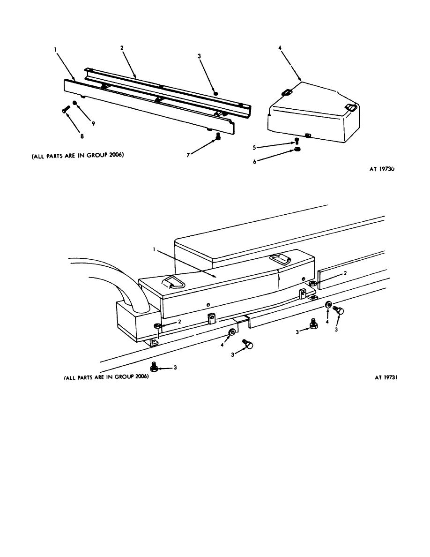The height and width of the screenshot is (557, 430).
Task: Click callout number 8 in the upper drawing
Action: tap(82, 136)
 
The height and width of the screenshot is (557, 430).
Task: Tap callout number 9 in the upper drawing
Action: tap(93, 124)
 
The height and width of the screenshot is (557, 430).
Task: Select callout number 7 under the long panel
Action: tap(188, 155)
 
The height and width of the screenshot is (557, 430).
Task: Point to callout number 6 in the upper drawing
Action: tap(254, 162)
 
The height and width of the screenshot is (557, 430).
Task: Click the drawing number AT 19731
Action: tap(386, 377)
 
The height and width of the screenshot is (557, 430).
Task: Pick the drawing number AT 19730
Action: tap(382, 169)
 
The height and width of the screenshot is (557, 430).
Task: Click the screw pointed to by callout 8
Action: tap(65, 109)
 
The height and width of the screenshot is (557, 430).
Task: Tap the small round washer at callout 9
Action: tap(75, 103)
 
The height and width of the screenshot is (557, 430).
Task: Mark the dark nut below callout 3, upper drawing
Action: tap(215, 93)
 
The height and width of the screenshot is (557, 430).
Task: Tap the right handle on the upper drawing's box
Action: tap(350, 106)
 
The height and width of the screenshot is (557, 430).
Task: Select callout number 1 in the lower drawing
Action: tap(154, 249)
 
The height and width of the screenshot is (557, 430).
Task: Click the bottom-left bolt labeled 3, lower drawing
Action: tap(155, 367)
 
